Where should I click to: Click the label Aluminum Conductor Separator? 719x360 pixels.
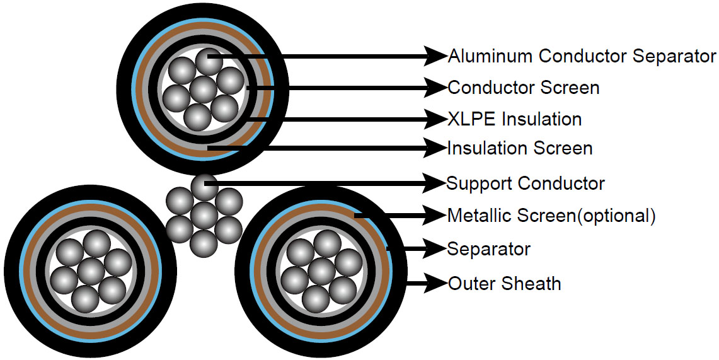click(x=582, y=56)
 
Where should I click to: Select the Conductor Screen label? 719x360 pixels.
click(x=523, y=87)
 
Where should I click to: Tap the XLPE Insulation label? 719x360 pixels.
click(x=514, y=119)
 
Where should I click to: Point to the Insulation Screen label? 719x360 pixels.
click(x=520, y=149)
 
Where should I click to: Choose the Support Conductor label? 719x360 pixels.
click(x=526, y=183)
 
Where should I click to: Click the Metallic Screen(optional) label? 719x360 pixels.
click(x=551, y=216)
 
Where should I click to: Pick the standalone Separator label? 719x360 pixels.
click(x=488, y=248)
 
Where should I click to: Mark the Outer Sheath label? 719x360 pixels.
click(x=504, y=283)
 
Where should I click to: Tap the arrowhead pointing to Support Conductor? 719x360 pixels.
click(x=435, y=183)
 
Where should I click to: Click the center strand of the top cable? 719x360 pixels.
click(x=202, y=89)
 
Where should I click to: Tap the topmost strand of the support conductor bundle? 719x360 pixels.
click(x=204, y=187)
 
